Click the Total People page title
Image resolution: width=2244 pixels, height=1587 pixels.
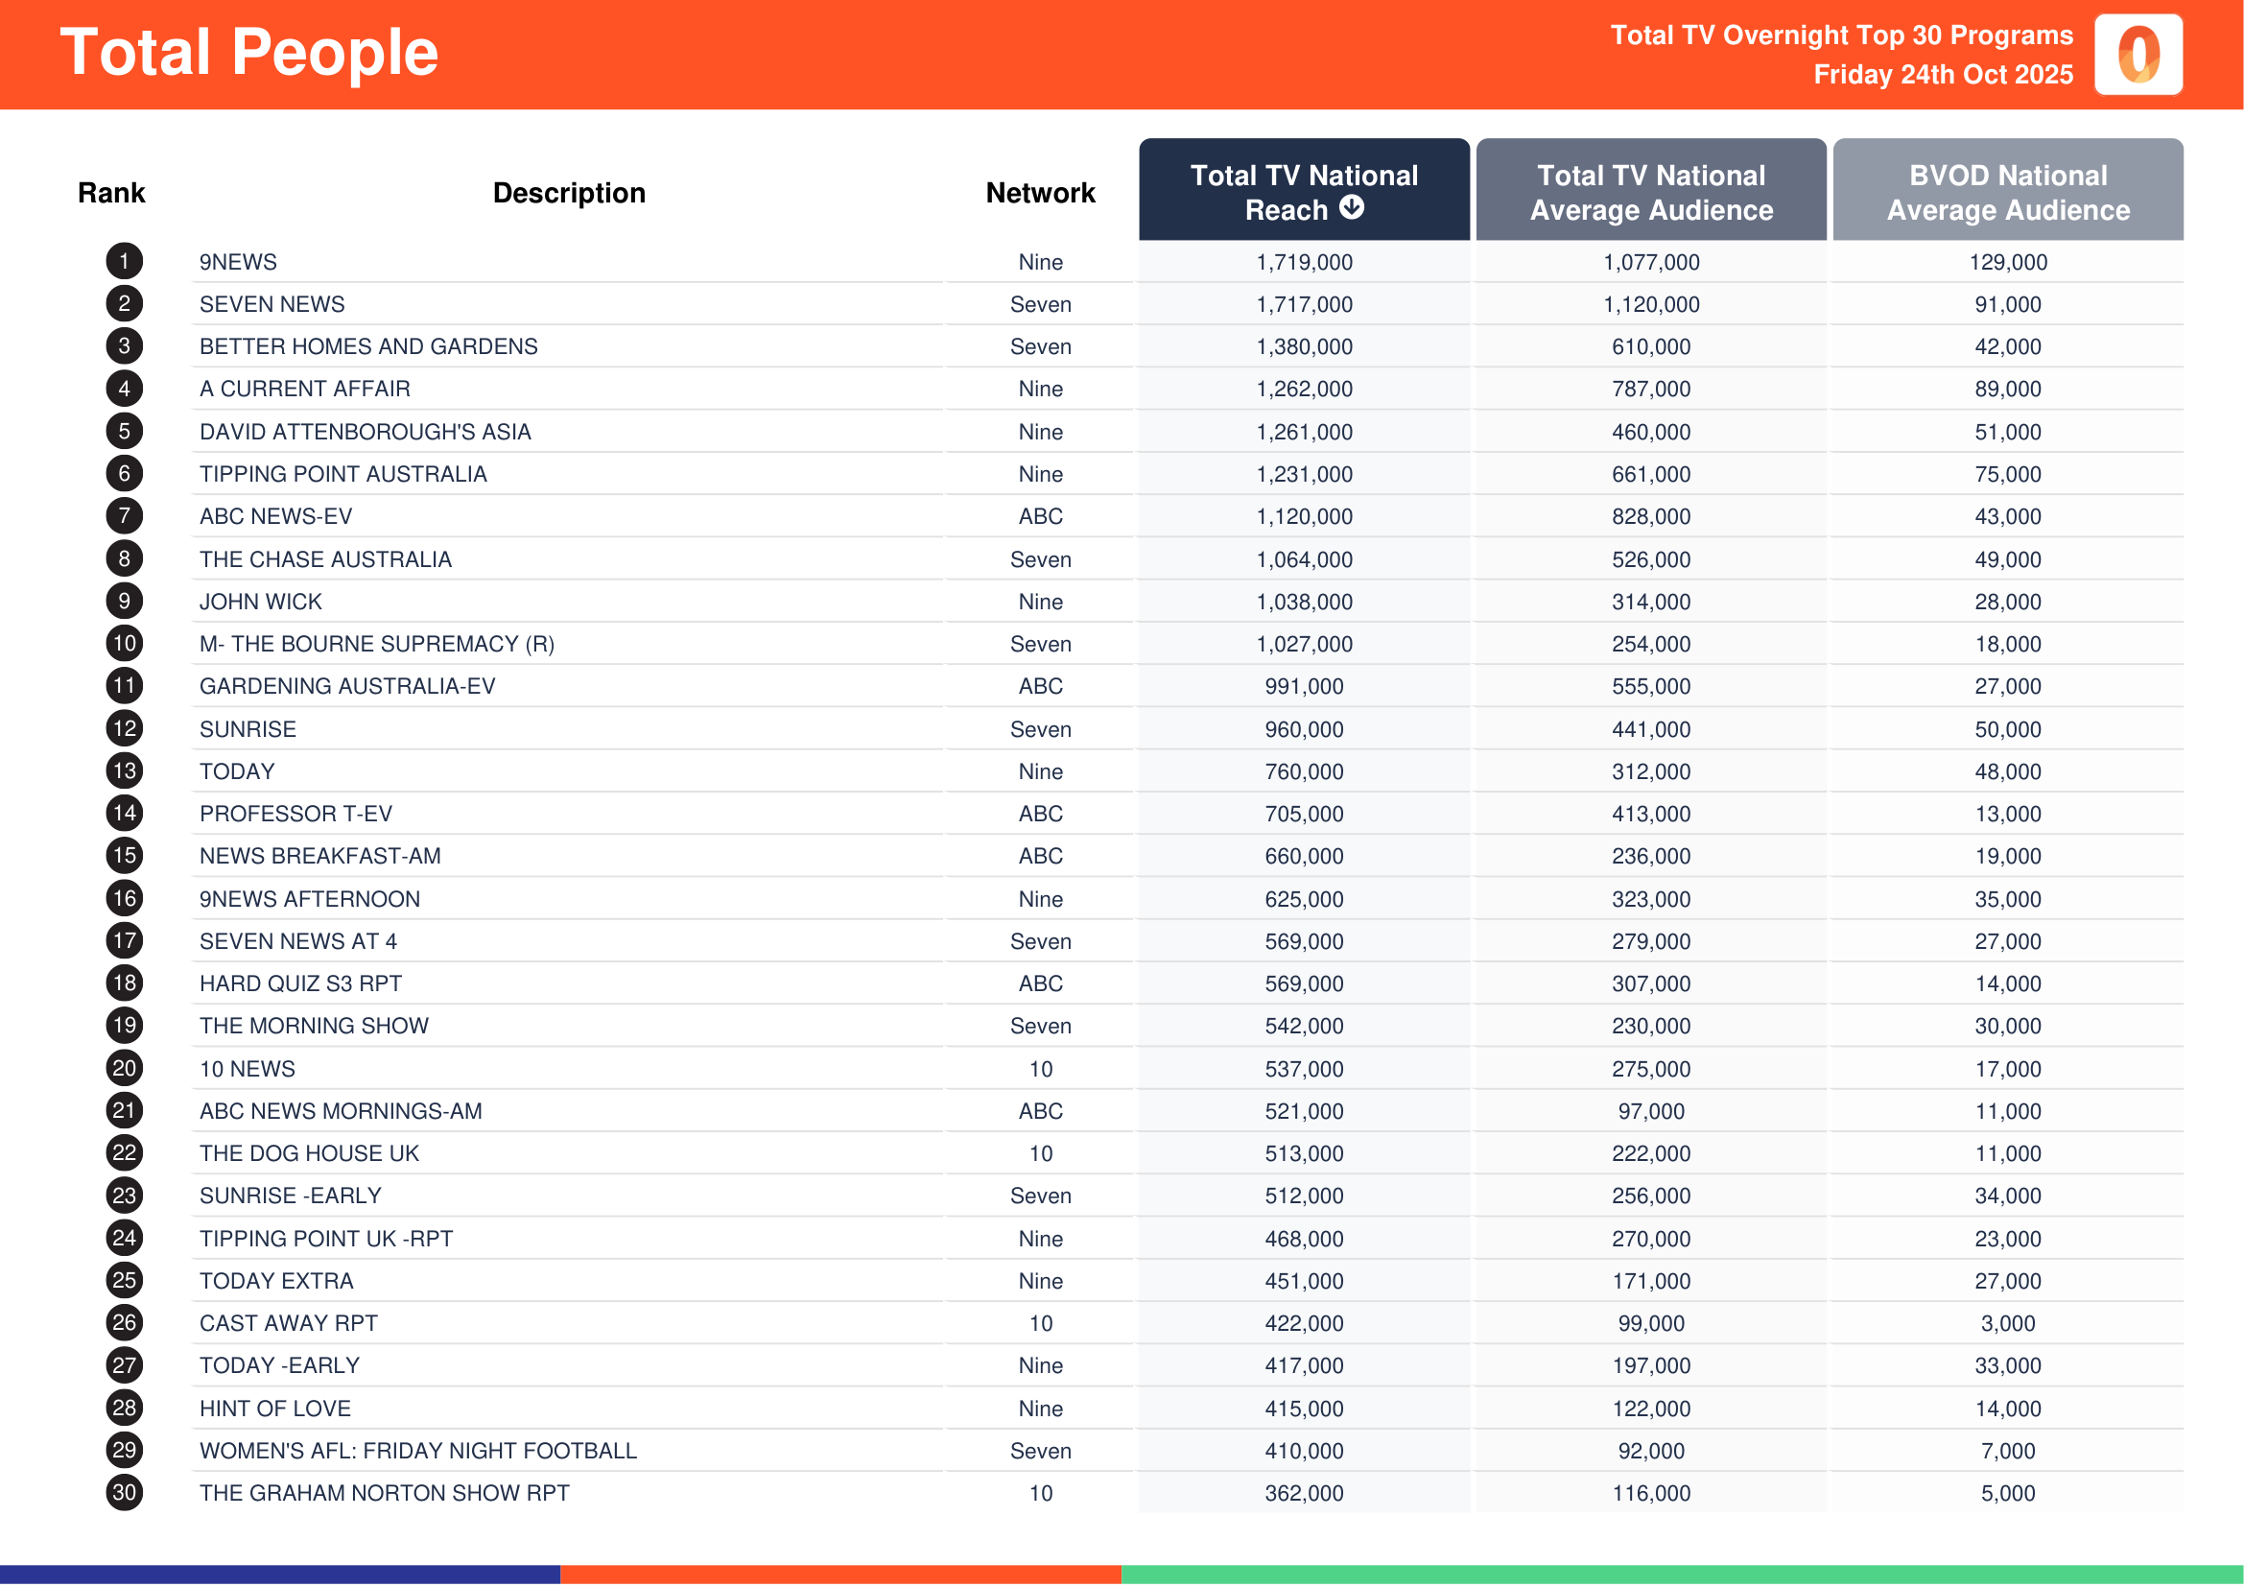click(x=249, y=53)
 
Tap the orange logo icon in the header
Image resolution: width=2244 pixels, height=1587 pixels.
click(x=2138, y=55)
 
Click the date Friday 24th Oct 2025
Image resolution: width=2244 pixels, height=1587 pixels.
click(x=1942, y=75)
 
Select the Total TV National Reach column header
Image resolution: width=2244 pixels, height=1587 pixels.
click(x=1303, y=192)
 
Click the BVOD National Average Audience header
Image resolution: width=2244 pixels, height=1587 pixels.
click(x=2007, y=192)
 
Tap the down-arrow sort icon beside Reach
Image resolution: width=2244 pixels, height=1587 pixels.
click(x=1352, y=207)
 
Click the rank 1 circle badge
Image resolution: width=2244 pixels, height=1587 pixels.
click(x=124, y=261)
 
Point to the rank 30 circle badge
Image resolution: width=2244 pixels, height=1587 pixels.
click(x=124, y=1492)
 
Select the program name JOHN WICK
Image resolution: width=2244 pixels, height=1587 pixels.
click(x=261, y=602)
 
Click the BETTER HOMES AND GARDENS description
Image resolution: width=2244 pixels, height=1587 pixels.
click(x=368, y=347)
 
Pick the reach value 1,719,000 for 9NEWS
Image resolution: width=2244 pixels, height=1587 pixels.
click(x=1304, y=262)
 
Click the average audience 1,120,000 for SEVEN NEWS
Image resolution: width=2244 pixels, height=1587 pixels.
click(x=1651, y=305)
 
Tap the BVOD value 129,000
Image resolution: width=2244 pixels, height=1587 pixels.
click(x=2007, y=262)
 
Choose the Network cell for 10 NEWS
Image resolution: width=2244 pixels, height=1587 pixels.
click(x=1041, y=1069)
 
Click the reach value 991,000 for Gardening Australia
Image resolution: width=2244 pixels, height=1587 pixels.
click(x=1304, y=687)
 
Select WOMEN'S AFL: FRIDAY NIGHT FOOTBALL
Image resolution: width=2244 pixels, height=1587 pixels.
click(x=418, y=1451)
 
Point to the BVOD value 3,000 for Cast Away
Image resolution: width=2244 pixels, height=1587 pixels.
click(x=2007, y=1324)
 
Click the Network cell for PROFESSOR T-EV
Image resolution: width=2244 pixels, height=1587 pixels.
click(x=1041, y=814)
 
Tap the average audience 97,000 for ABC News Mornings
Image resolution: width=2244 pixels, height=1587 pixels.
click(x=1651, y=1112)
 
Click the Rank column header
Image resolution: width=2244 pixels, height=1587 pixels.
click(x=111, y=194)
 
